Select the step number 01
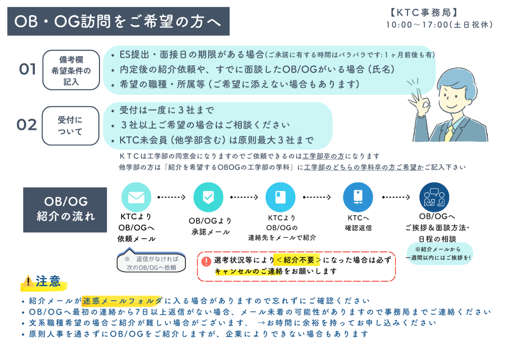(x=27, y=70)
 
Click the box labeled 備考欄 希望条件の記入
(x=71, y=70)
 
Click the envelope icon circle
(x=136, y=197)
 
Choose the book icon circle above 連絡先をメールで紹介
(x=280, y=197)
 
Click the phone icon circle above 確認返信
(x=358, y=197)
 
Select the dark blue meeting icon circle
(x=434, y=197)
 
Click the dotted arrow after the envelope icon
(x=172, y=197)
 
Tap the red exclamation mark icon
(x=206, y=262)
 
